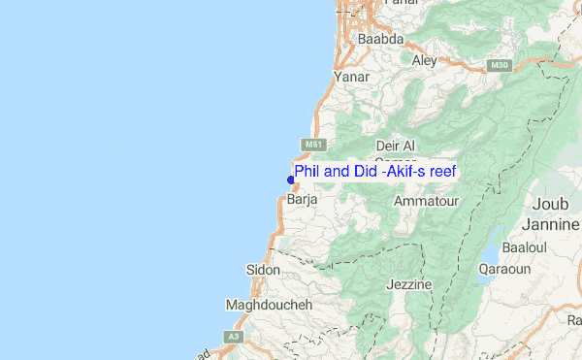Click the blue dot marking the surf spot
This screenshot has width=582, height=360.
(x=291, y=179)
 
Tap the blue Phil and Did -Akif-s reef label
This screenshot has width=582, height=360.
(x=375, y=171)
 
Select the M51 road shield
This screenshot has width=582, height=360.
(x=311, y=145)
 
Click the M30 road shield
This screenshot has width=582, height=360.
(x=499, y=66)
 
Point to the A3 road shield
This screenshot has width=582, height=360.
(x=232, y=336)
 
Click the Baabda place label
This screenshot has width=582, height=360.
(x=380, y=40)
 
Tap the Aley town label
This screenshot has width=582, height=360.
(x=425, y=60)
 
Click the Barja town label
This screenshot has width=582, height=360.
(x=303, y=201)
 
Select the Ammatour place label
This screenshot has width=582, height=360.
(x=426, y=201)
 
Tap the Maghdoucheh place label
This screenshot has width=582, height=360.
(x=268, y=305)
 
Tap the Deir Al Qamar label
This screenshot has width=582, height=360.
(x=394, y=153)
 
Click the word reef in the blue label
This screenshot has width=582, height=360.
(x=441, y=171)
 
